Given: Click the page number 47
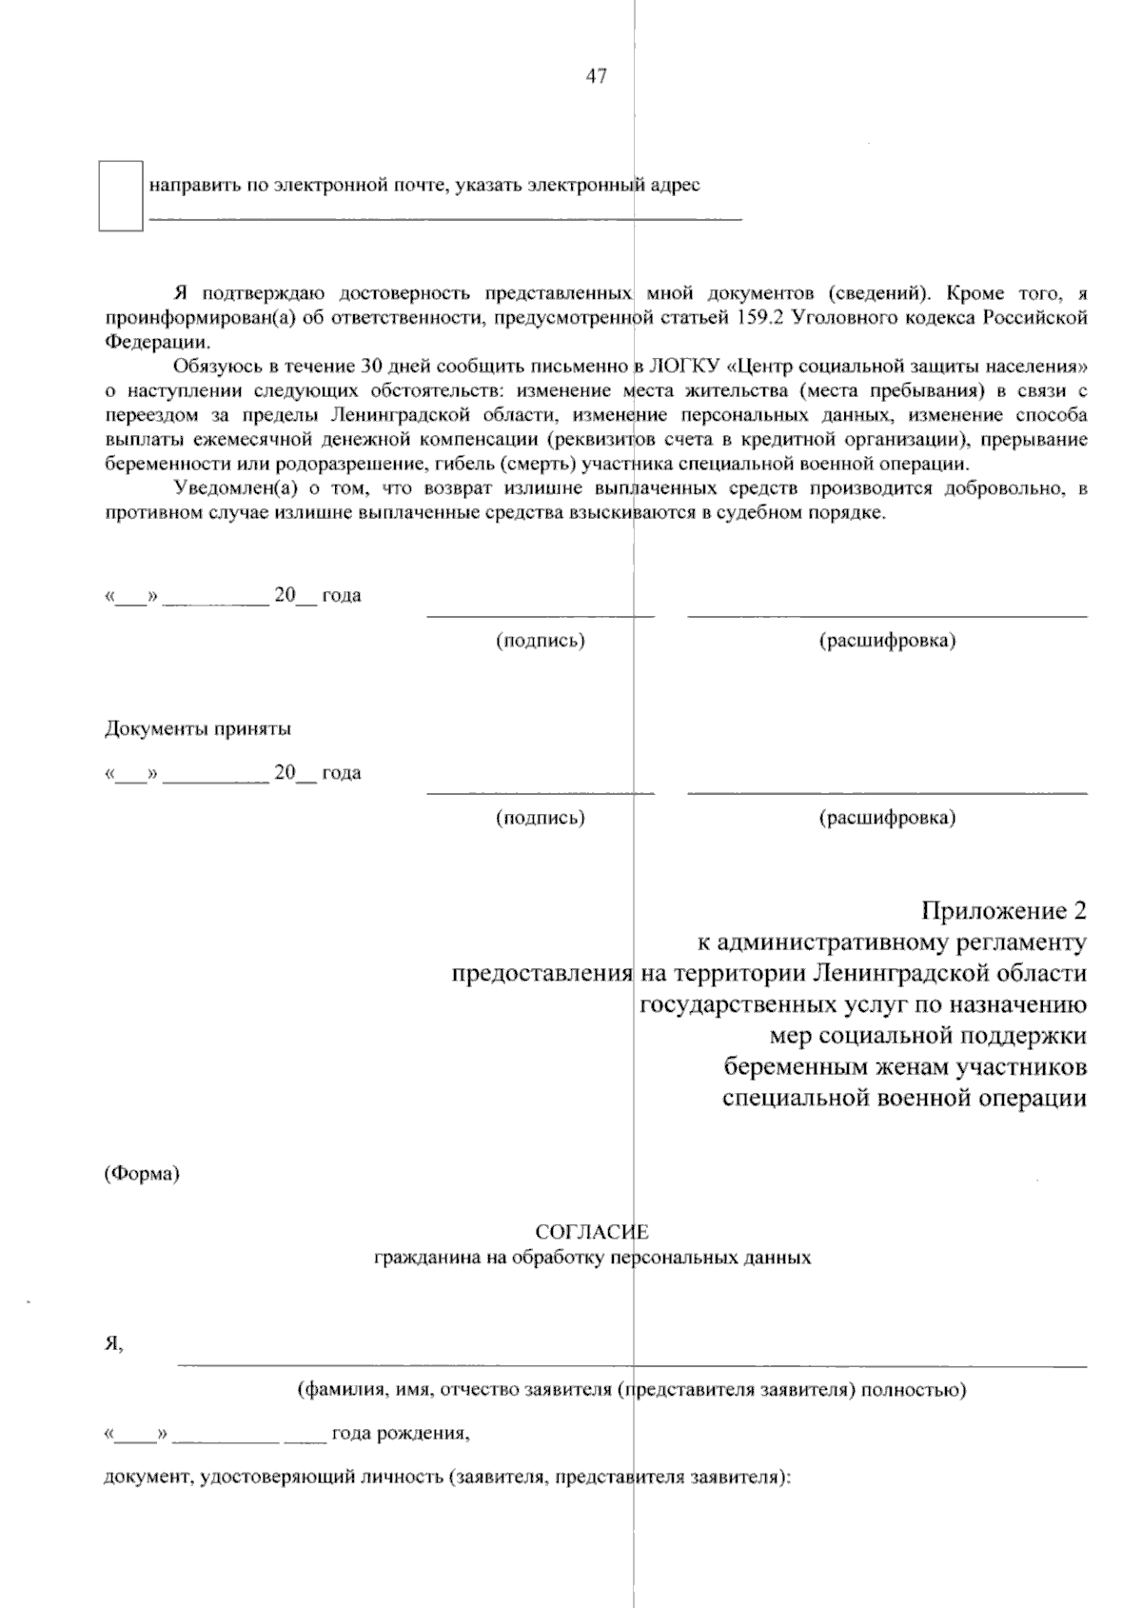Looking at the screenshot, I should tap(596, 77).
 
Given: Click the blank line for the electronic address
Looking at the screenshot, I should tap(445, 219).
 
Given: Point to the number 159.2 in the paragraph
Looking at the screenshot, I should tap(758, 316).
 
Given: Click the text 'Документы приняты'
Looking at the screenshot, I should tap(197, 729).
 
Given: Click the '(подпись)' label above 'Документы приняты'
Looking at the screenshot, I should tap(540, 641).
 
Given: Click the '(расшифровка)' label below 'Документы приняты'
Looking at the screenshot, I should tap(887, 818).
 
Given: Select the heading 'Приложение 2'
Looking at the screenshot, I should tap(1003, 911).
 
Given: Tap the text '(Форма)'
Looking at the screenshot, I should tap(142, 1174).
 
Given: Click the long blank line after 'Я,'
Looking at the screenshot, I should tap(632, 1365).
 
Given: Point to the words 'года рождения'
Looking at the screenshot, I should tap(400, 1432).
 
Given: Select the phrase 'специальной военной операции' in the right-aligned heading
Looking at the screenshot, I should tap(904, 1098).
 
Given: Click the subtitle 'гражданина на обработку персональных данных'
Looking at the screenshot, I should tap(592, 1258).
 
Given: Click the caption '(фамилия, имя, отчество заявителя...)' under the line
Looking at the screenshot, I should tap(632, 1390).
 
